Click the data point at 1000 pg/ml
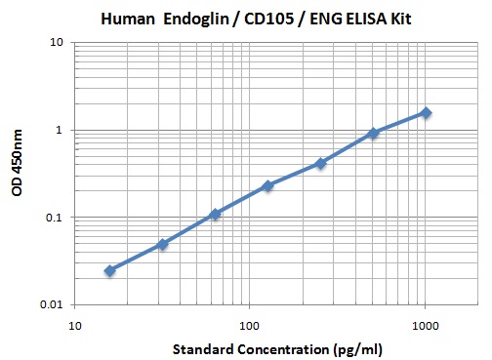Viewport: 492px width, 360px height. point(426,112)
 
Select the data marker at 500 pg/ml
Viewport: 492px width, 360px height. point(373,133)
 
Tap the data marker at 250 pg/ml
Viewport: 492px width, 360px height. point(320,163)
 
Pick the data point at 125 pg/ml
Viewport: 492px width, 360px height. point(267,185)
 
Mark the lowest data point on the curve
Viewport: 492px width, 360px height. point(109,270)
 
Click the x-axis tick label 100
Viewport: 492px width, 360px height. point(250,323)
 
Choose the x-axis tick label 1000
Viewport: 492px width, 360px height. point(425,323)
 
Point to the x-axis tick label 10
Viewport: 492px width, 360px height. point(74,323)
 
